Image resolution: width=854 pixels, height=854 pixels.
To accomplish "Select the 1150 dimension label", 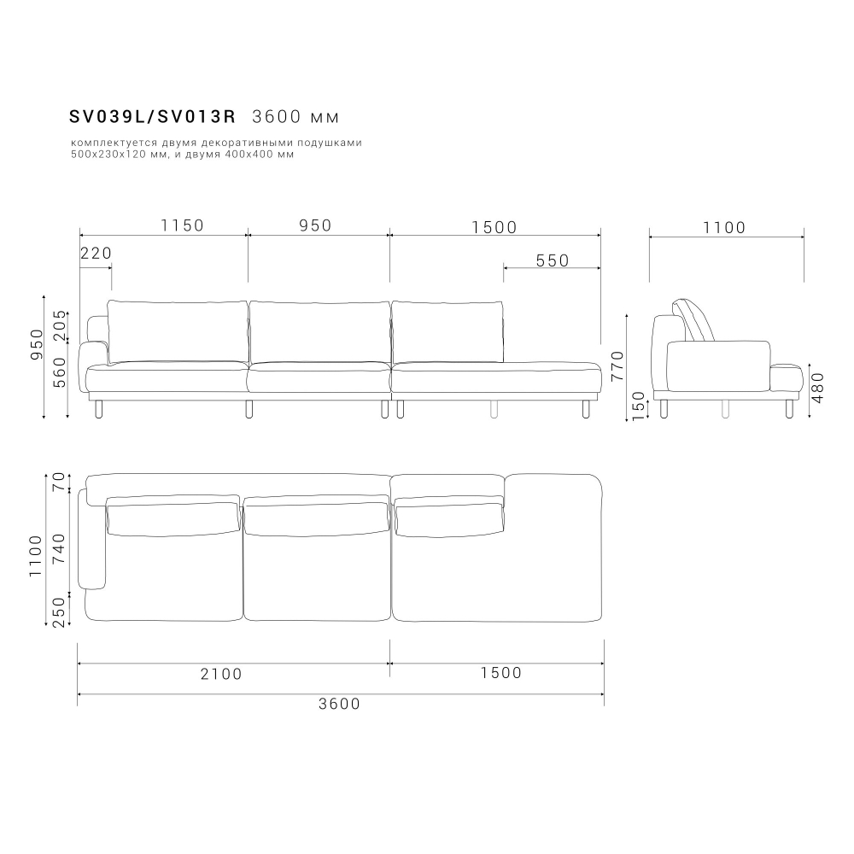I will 183,225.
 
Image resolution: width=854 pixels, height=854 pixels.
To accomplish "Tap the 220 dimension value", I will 96,254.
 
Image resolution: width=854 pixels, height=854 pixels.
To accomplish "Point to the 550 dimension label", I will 553,260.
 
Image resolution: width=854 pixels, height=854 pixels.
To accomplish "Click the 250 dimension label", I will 58,611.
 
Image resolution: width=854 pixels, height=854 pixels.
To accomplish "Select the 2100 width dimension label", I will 221,674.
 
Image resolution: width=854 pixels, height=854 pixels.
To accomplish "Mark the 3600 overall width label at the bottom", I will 339,704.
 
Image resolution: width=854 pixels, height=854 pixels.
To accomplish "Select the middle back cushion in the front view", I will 318,331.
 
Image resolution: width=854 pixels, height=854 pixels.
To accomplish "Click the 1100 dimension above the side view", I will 724,227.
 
